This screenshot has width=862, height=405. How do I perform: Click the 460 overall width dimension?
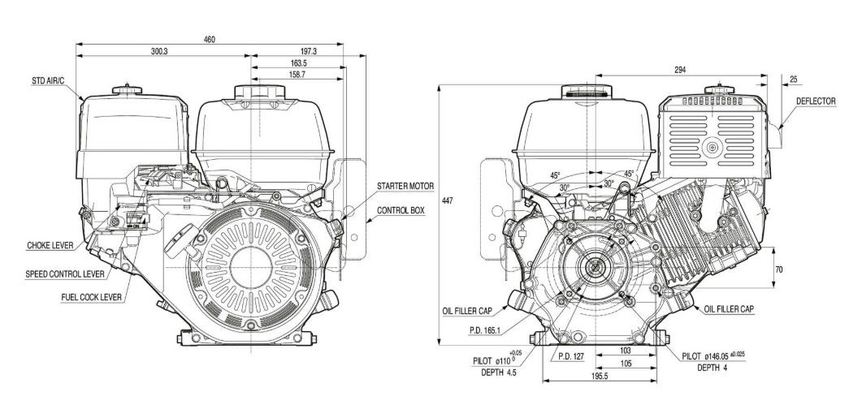pos(210,41)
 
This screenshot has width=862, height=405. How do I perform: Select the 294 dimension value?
pos(679,71)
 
